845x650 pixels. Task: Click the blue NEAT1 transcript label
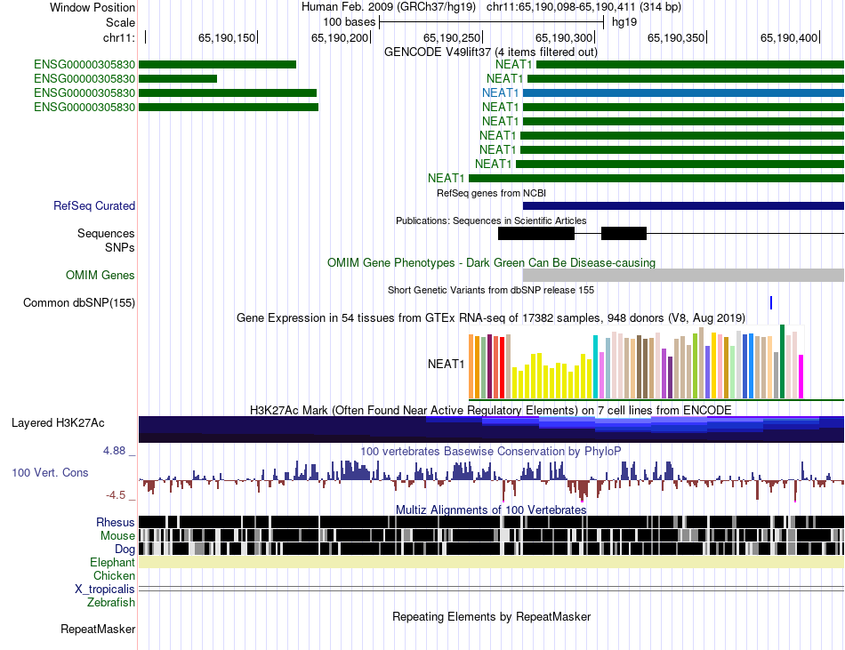(501, 92)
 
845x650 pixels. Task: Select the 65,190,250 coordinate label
(452, 37)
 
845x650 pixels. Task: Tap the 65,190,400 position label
(789, 37)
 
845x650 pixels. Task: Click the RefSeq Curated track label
(94, 206)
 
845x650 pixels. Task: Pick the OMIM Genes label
(101, 276)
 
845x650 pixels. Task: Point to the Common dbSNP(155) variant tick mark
(771, 303)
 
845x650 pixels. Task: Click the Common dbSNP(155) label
(79, 303)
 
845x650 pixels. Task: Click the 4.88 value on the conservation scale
(116, 451)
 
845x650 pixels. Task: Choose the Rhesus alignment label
(116, 522)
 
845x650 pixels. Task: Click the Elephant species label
(112, 563)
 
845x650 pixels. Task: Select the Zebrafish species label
(111, 603)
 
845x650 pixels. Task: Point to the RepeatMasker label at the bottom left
(98, 630)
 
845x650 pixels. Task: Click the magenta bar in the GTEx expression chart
(801, 377)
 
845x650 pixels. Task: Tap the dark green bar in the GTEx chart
(782, 362)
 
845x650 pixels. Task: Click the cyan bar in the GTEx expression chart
(595, 367)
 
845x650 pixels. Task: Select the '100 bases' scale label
(349, 21)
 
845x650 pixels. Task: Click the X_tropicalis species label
(105, 590)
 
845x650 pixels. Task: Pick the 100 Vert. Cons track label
(50, 473)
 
